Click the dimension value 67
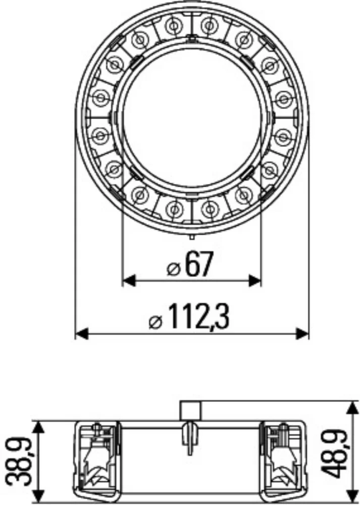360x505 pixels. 199,264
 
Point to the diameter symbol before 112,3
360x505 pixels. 156,322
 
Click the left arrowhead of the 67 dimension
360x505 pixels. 129,281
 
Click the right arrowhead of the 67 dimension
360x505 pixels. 254,281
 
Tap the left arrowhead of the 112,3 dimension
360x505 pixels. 81,334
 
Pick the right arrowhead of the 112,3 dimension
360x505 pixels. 302,334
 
